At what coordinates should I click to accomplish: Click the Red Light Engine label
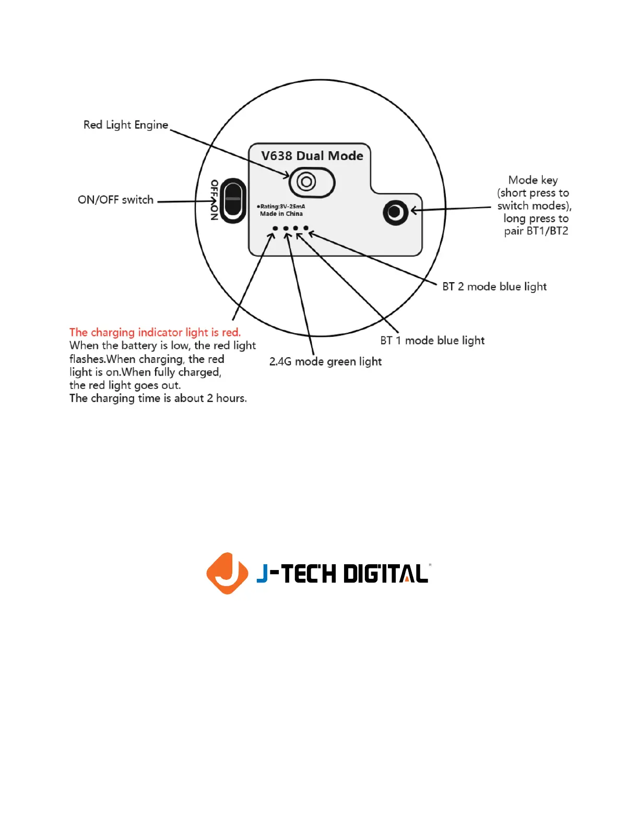click(x=126, y=125)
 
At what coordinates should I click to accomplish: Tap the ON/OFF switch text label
click(x=115, y=200)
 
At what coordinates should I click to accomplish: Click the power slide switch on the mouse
click(x=233, y=201)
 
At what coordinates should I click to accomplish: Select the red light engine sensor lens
click(x=306, y=182)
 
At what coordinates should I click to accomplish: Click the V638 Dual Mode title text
click(x=312, y=156)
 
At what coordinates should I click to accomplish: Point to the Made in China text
click(x=281, y=214)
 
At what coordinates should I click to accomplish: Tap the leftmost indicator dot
click(x=275, y=228)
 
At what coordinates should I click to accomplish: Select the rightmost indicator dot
click(x=306, y=228)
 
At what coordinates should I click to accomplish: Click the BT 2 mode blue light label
click(x=494, y=287)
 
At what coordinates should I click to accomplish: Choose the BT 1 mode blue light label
click(x=432, y=341)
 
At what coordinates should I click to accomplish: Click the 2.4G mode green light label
click(x=325, y=362)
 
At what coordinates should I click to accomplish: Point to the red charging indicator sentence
click(x=155, y=333)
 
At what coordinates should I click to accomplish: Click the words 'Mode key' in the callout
click(x=533, y=180)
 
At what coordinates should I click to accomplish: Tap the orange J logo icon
click(x=227, y=573)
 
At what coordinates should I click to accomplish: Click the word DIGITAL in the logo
click(x=386, y=574)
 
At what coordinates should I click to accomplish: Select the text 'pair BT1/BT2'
click(x=536, y=231)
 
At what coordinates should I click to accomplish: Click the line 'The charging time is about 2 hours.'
click(x=158, y=398)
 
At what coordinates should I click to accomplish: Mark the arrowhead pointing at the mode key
click(x=414, y=211)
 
